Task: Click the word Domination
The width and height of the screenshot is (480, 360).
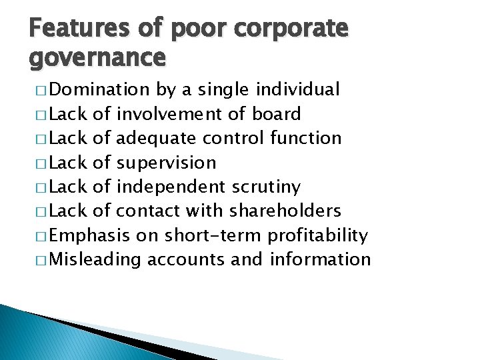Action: click(x=100, y=89)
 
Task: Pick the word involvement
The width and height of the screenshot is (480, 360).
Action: click(x=170, y=114)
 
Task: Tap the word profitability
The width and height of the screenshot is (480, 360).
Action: click(x=317, y=235)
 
